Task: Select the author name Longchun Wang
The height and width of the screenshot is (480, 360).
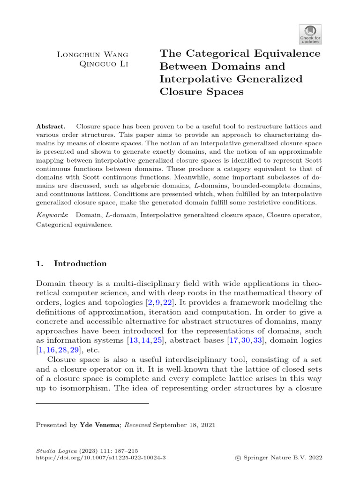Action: (92, 54)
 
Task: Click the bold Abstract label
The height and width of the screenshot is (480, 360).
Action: (52, 127)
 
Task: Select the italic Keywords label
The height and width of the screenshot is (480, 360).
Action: (52, 214)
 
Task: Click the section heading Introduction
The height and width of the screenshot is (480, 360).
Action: (80, 264)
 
